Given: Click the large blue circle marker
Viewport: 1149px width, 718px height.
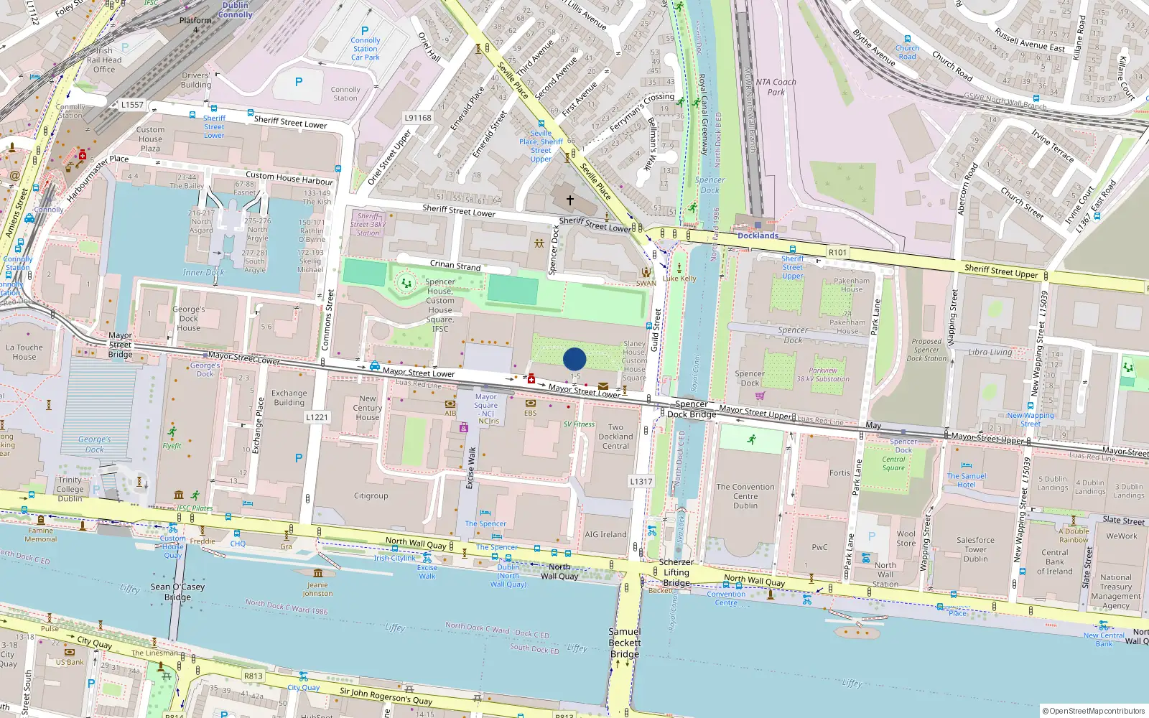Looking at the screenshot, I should coord(574,359).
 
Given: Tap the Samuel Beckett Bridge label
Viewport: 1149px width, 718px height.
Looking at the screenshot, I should coord(625,643).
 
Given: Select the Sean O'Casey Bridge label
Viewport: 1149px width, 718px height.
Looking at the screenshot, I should coord(177,592).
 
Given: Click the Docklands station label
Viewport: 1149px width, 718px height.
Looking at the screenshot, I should coord(758,236).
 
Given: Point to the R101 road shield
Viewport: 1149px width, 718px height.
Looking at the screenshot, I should coord(837,252).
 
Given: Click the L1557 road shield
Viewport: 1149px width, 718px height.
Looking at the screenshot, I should coord(132,105).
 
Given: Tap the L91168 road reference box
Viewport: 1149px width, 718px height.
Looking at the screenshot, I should coord(418,118).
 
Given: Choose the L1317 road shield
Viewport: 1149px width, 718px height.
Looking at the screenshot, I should coord(641,481).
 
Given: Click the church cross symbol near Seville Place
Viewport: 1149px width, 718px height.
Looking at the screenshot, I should coord(570,200).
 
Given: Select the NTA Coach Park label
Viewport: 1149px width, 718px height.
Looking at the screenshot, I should coord(776,87).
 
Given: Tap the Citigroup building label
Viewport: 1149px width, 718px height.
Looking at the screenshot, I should coord(371,495).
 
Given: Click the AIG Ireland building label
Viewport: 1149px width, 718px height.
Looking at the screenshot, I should coord(605,534).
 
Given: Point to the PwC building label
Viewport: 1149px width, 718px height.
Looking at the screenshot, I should coord(819,547).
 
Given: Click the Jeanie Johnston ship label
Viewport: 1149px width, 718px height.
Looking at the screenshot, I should coord(317,589).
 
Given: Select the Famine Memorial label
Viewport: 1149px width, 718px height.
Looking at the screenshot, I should coord(41,535).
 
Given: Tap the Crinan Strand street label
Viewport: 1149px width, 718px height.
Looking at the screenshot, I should coord(455,265).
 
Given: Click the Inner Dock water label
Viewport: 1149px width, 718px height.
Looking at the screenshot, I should coord(203,272).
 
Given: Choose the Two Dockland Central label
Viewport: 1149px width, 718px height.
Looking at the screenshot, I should coord(615,436).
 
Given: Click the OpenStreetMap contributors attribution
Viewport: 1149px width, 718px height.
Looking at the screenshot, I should coord(1094,711).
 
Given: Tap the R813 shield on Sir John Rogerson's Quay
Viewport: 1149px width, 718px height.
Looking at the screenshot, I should coord(253,676).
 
